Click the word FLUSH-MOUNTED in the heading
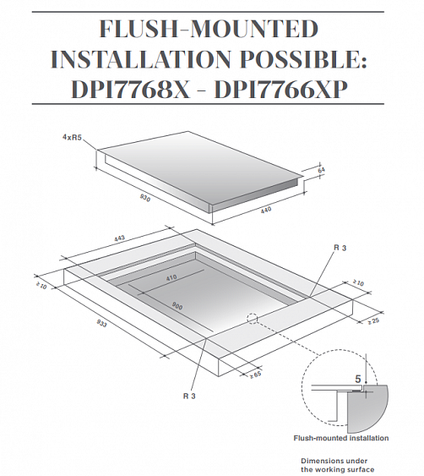[209, 29]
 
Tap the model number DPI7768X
[131, 90]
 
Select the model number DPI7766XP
[281, 90]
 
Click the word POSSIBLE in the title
[303, 59]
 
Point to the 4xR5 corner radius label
[72, 138]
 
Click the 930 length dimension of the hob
[145, 198]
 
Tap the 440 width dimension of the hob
[266, 210]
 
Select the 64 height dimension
[321, 170]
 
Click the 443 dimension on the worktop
[119, 238]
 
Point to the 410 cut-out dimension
[171, 278]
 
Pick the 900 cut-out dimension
[177, 306]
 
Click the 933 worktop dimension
[102, 324]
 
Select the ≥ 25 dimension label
[373, 321]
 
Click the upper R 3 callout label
[340, 248]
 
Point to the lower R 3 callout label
[189, 397]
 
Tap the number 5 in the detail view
[358, 379]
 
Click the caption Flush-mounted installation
[341, 438]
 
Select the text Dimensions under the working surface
[337, 465]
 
